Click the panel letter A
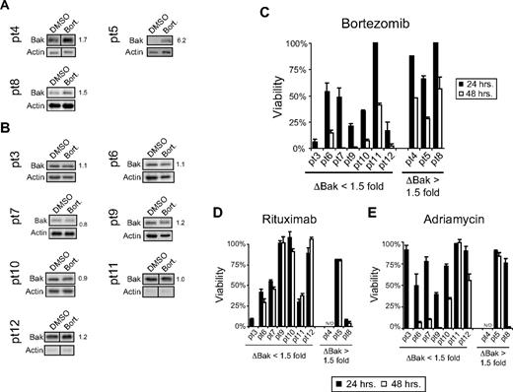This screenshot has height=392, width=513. (x=7, y=9)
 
